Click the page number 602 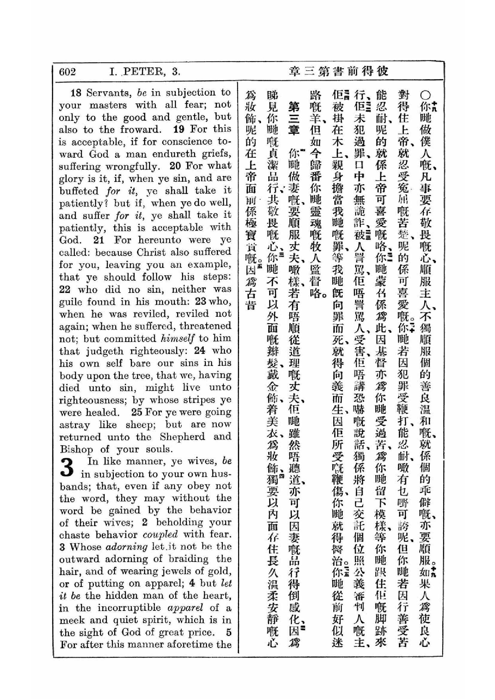(x=67, y=72)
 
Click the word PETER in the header (x=144, y=72)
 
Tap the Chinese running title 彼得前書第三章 (x=339, y=71)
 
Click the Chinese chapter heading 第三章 (x=294, y=119)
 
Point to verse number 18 (x=76, y=92)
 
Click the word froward (x=140, y=130)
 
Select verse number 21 (x=99, y=240)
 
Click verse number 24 (x=199, y=351)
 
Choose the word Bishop (x=76, y=450)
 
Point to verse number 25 (x=137, y=412)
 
